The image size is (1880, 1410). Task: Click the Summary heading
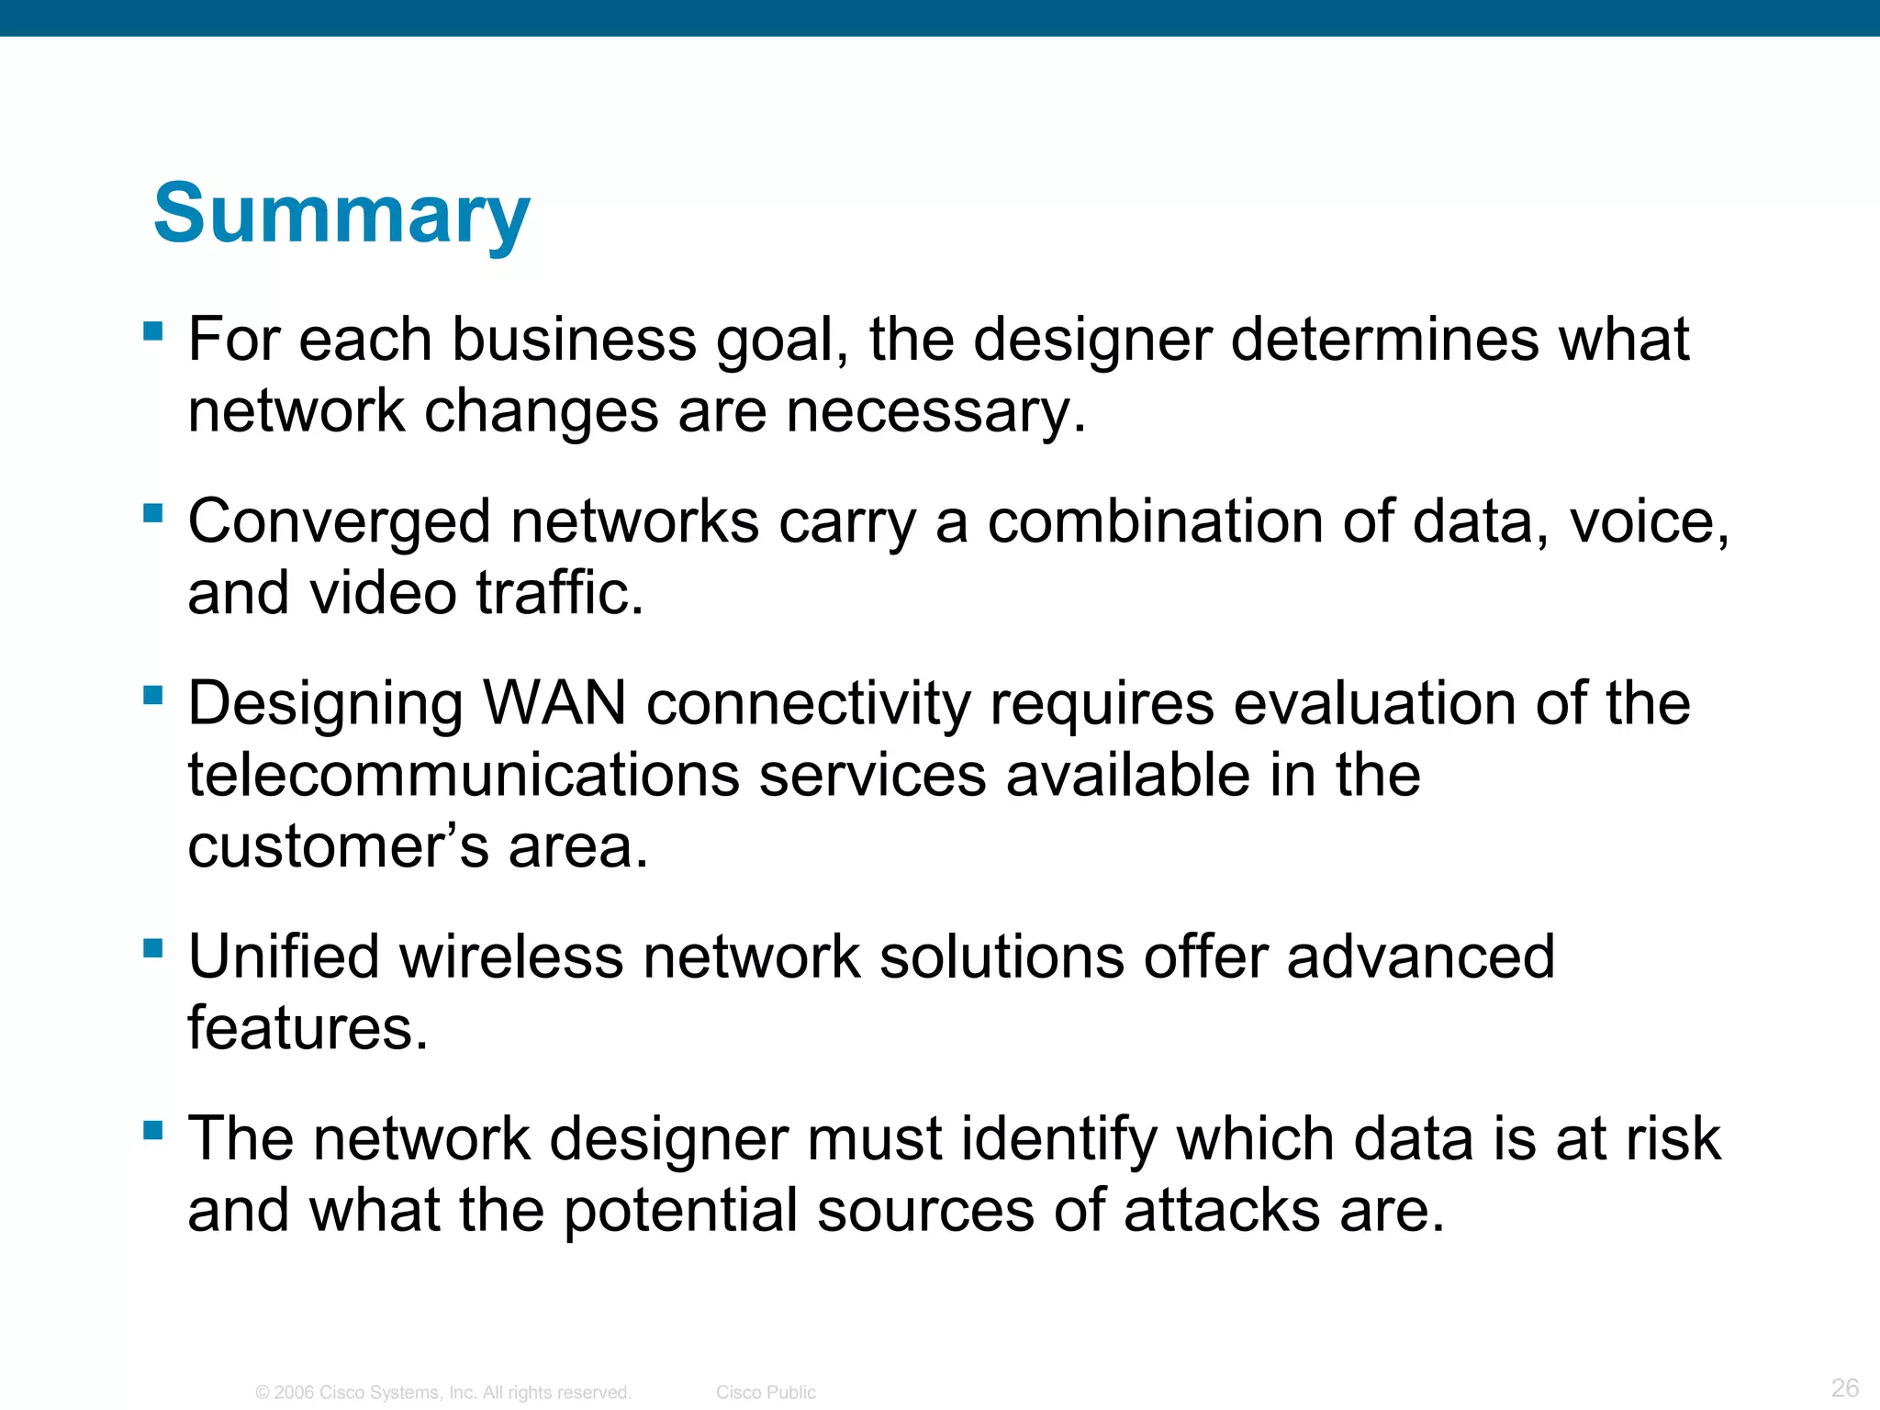pos(341,213)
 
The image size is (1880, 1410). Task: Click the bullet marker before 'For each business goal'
pos(153,330)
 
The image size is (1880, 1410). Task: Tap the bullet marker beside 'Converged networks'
pos(153,512)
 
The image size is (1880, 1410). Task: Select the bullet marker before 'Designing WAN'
pos(153,695)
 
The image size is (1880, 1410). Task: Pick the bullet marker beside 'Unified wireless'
pos(153,947)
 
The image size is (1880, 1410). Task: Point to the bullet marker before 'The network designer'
pos(153,1129)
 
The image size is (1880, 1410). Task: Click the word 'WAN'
pos(554,704)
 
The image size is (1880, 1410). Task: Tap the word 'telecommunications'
pos(464,776)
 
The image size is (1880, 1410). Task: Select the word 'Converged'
pos(340,523)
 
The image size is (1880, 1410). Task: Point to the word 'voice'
pos(1648,522)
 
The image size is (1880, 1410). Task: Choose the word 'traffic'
pos(559,593)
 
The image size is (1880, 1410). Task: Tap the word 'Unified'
pos(284,957)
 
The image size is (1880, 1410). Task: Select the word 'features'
pos(307,1028)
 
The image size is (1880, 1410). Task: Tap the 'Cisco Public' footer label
pos(766,1393)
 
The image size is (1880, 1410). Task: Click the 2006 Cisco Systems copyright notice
pos(443,1393)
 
